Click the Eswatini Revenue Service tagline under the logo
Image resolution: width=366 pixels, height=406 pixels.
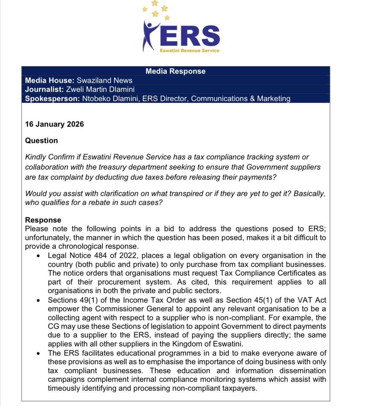point(189,51)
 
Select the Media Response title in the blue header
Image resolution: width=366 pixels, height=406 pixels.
point(175,71)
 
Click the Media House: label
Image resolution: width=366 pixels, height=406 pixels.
point(49,80)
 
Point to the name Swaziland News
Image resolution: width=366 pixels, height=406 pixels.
point(104,80)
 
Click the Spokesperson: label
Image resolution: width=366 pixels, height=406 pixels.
point(52,99)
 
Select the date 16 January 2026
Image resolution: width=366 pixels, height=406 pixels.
point(54,124)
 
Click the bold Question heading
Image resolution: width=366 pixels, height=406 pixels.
point(41,140)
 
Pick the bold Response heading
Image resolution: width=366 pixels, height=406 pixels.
point(43,220)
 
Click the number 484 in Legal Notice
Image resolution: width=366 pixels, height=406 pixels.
point(100,256)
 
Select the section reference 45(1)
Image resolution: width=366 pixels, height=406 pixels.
point(263,300)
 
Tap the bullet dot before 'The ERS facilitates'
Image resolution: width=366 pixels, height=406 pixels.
point(38,353)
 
